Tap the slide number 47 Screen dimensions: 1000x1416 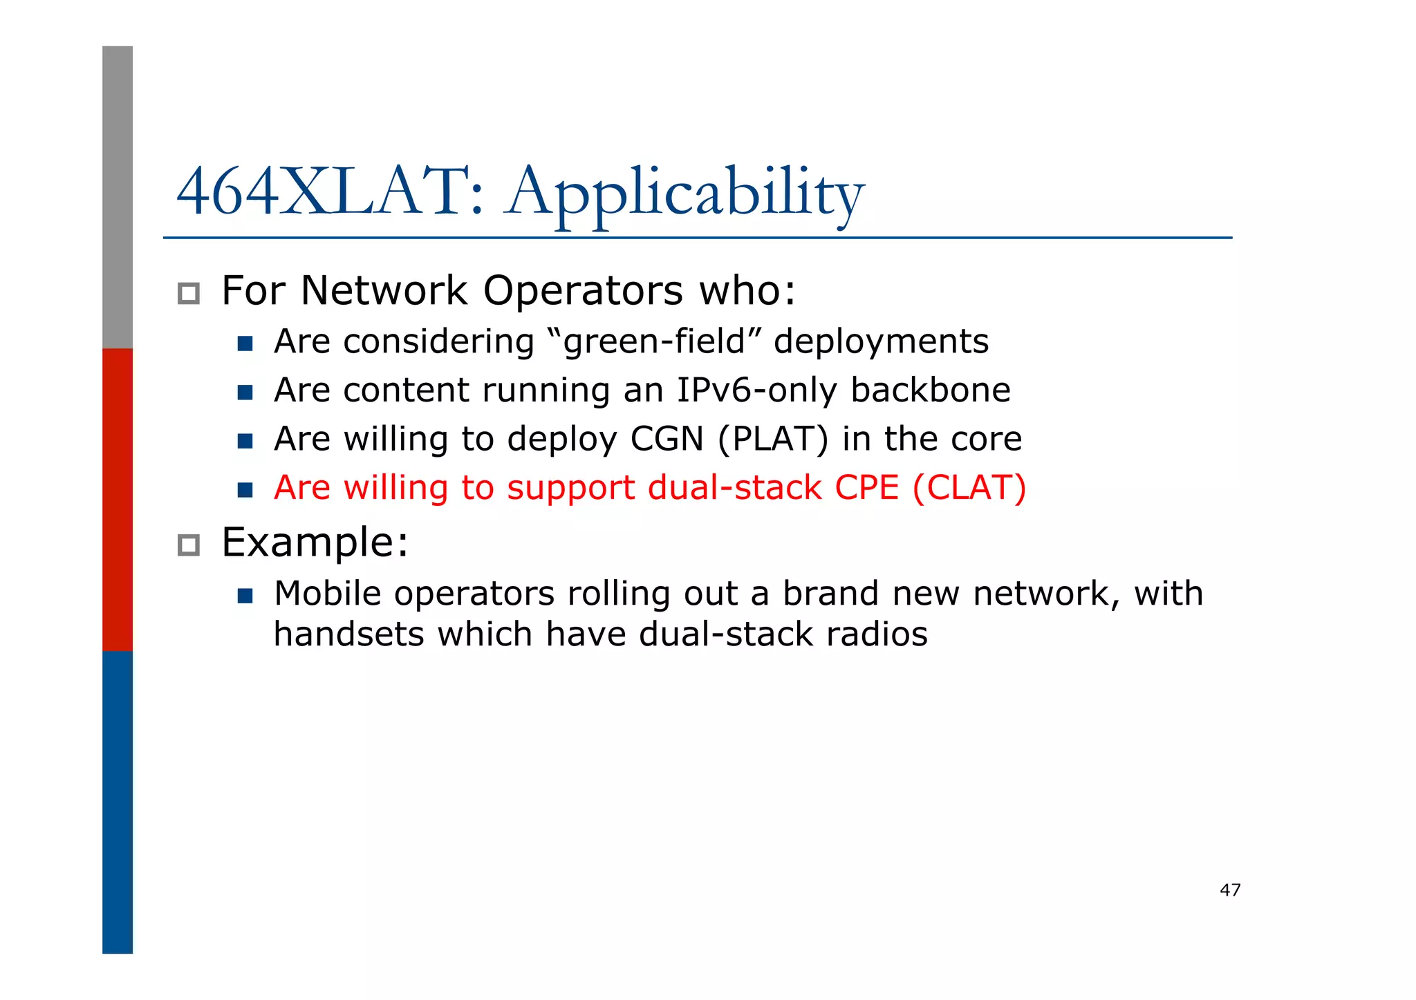pyautogui.click(x=1230, y=890)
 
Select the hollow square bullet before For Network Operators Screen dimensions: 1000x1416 pyautogui.click(x=188, y=294)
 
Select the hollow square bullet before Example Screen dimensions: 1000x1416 pyautogui.click(x=188, y=545)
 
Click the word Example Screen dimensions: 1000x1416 pyautogui.click(x=315, y=543)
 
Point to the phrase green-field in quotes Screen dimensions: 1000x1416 pyautogui.click(x=653, y=342)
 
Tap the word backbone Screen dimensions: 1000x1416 pyautogui.click(x=930, y=390)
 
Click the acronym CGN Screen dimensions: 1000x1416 pyautogui.click(x=667, y=439)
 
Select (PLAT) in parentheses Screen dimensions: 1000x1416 pyautogui.click(x=772, y=440)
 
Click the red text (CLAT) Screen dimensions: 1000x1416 pyautogui.click(x=969, y=488)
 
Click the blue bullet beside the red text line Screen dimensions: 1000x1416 pyautogui.click(x=245, y=490)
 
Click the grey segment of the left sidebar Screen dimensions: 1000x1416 pyautogui.click(x=118, y=197)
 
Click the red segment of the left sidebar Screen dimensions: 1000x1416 pyautogui.click(x=118, y=499)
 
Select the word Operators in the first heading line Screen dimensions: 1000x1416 pyautogui.click(x=583, y=291)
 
